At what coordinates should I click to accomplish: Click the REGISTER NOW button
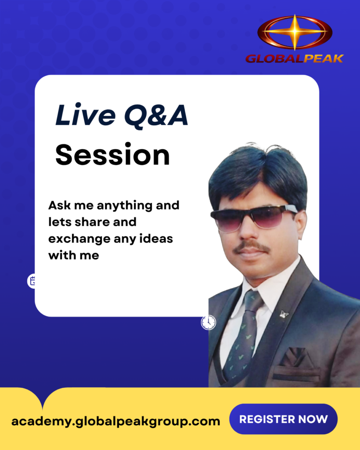tap(284, 419)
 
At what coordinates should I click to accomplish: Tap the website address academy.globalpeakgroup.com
tap(116, 421)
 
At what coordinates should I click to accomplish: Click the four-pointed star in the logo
tap(295, 32)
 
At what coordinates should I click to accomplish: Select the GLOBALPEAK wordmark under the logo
tap(295, 58)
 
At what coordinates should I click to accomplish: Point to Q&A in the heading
tap(156, 116)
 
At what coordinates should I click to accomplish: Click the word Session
tap(113, 155)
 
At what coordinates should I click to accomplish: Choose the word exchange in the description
tap(79, 239)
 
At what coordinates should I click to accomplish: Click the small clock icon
tap(208, 322)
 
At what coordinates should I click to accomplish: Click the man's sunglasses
tap(254, 217)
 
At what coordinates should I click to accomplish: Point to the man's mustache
tap(251, 247)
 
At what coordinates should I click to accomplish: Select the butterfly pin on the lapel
tap(284, 315)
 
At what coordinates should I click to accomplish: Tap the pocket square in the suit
tap(295, 358)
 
